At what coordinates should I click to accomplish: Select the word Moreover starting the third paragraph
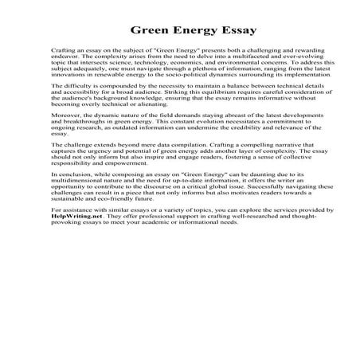[x=65, y=127]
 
